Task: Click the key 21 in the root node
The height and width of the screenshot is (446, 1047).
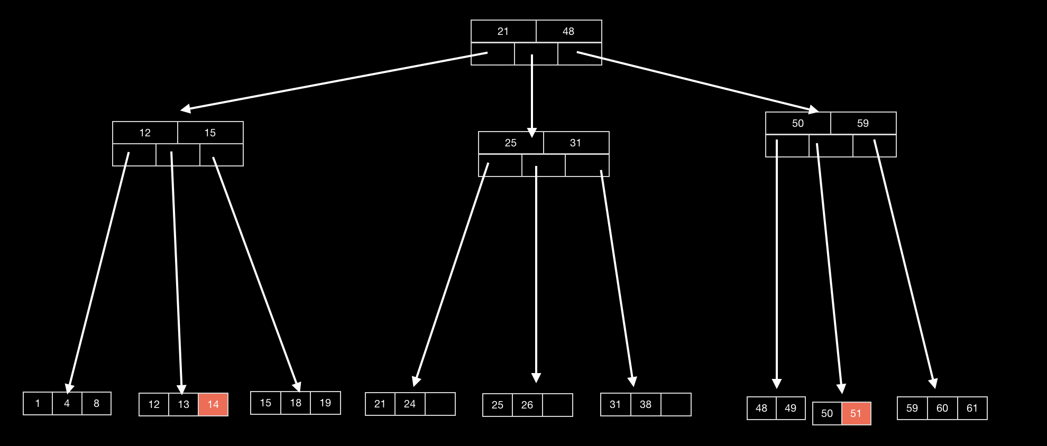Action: pyautogui.click(x=503, y=31)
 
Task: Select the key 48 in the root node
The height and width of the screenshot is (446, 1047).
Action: pyautogui.click(x=568, y=31)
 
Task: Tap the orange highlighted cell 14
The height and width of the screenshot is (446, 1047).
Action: pyautogui.click(x=213, y=404)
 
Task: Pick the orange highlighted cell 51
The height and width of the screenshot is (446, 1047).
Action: pyautogui.click(x=856, y=413)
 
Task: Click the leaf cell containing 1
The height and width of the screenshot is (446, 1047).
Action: pyautogui.click(x=38, y=403)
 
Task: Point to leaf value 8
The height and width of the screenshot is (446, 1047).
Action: pyautogui.click(x=96, y=403)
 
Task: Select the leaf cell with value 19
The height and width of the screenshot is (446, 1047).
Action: pyautogui.click(x=325, y=403)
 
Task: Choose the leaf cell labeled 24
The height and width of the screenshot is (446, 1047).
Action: pyautogui.click(x=409, y=404)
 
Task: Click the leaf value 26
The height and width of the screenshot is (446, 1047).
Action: pyautogui.click(x=527, y=405)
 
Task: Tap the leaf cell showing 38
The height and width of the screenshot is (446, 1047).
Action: pyautogui.click(x=645, y=404)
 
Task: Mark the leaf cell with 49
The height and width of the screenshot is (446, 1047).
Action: pyautogui.click(x=790, y=408)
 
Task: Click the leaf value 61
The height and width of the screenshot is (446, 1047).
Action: pyautogui.click(x=972, y=408)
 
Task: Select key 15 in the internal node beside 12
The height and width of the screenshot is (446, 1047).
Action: pyautogui.click(x=210, y=133)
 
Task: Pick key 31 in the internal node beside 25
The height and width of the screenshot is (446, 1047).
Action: pyautogui.click(x=575, y=143)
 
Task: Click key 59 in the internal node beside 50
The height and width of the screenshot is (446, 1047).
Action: pyautogui.click(x=862, y=123)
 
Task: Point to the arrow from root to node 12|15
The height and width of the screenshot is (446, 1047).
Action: pyautogui.click(x=333, y=81)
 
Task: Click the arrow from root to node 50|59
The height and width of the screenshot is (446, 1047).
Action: pyautogui.click(x=698, y=81)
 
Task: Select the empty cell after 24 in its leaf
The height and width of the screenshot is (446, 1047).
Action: pyautogui.click(x=440, y=404)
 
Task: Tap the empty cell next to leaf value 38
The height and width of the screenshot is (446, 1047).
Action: pyautogui.click(x=675, y=404)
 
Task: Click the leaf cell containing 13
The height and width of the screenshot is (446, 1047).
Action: pyautogui.click(x=183, y=404)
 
